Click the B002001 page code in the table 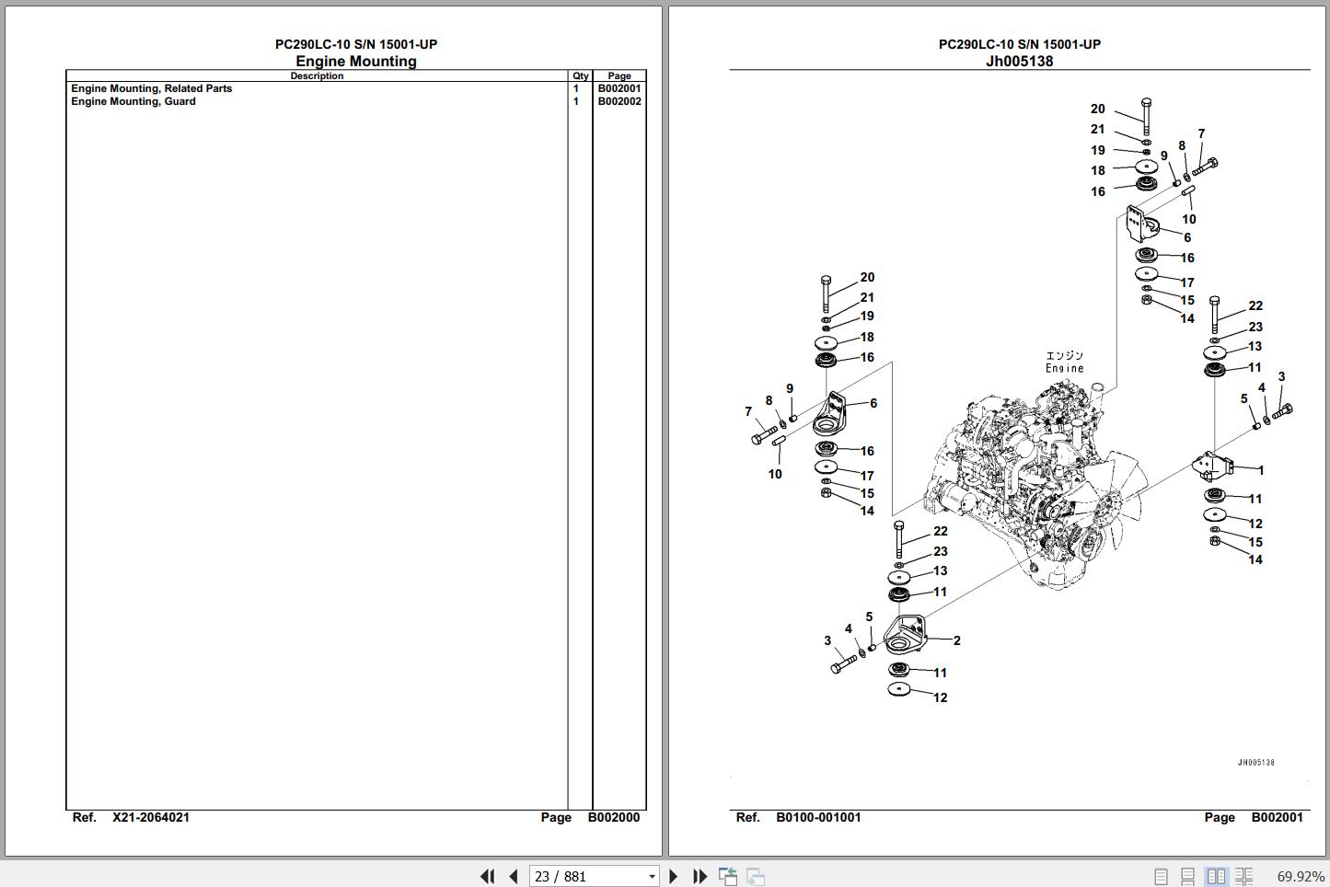(x=619, y=88)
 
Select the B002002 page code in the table (x=619, y=101)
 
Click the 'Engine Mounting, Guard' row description (x=133, y=101)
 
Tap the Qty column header (x=580, y=76)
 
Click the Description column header (x=317, y=76)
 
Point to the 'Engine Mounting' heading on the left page (x=356, y=62)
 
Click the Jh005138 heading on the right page (x=1019, y=62)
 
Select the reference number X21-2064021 (x=151, y=817)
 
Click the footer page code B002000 (x=614, y=817)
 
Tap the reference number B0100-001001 (x=818, y=817)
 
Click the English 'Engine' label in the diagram (x=1064, y=368)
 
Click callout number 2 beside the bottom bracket (x=957, y=640)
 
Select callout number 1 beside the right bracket (x=1261, y=470)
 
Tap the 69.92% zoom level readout (x=1300, y=876)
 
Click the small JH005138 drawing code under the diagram (x=1255, y=763)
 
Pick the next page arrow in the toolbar (x=673, y=876)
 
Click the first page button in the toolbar (x=487, y=876)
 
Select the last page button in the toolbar (x=700, y=876)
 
